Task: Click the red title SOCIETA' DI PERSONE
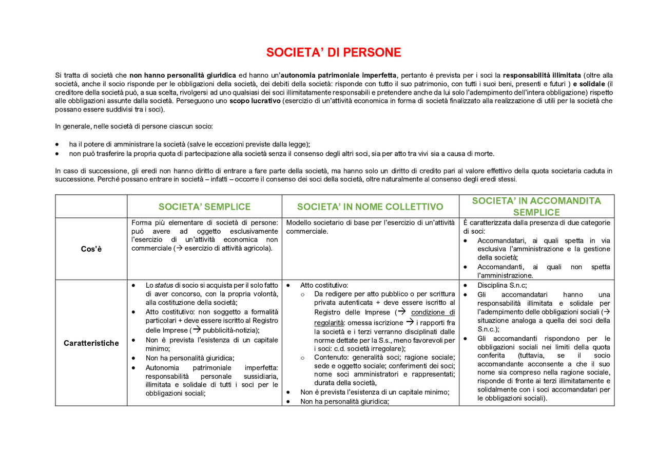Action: (333, 52)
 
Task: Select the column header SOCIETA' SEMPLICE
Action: (204, 207)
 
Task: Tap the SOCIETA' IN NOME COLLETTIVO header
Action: (370, 207)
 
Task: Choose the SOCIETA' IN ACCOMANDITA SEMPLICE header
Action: (536, 207)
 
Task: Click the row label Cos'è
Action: (91, 249)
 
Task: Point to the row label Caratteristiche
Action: (91, 343)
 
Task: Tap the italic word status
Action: (164, 285)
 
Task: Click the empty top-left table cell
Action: (91, 207)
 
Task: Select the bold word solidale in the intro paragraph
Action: (591, 84)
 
